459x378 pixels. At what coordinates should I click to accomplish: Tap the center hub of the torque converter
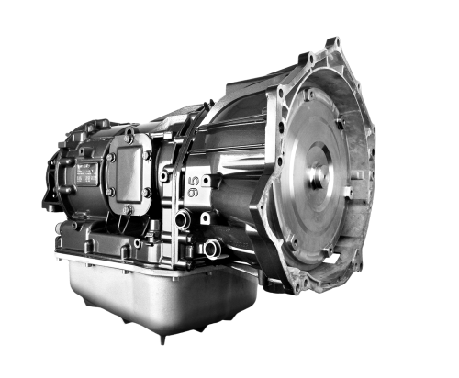[x=318, y=174]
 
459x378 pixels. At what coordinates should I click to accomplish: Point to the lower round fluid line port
[x=212, y=246]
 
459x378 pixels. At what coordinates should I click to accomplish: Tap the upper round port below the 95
[x=183, y=219]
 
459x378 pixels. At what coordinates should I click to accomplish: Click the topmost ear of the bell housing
[x=332, y=44]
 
